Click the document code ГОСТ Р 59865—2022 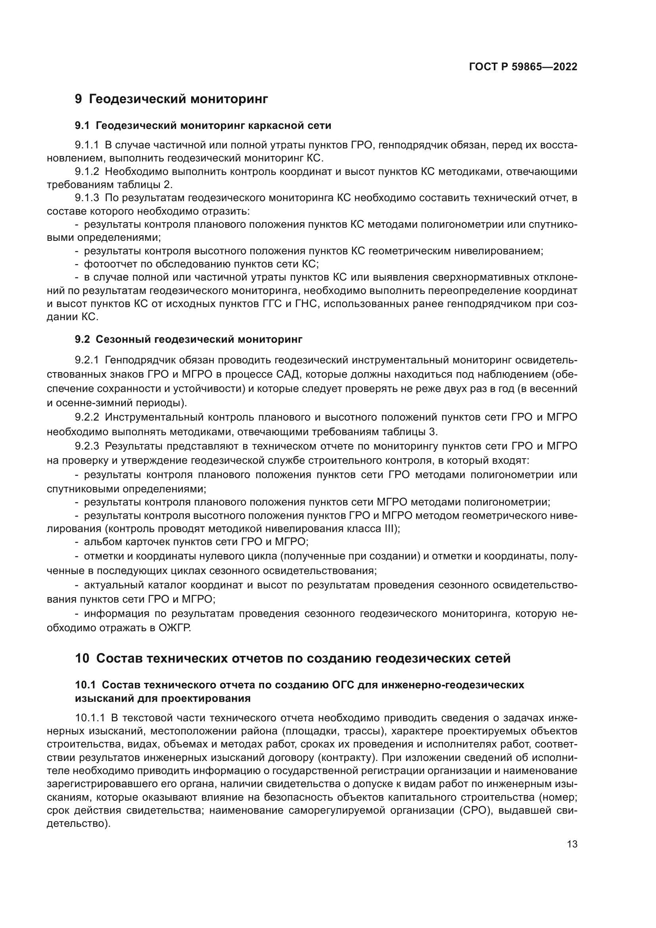[x=523, y=67]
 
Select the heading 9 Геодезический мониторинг [x=171, y=99]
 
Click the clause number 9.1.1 [x=87, y=145]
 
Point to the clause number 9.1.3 [x=87, y=198]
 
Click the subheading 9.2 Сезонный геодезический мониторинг [x=189, y=339]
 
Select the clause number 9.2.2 [x=87, y=417]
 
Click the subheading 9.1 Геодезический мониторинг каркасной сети [x=203, y=126]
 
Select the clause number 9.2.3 [x=87, y=446]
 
